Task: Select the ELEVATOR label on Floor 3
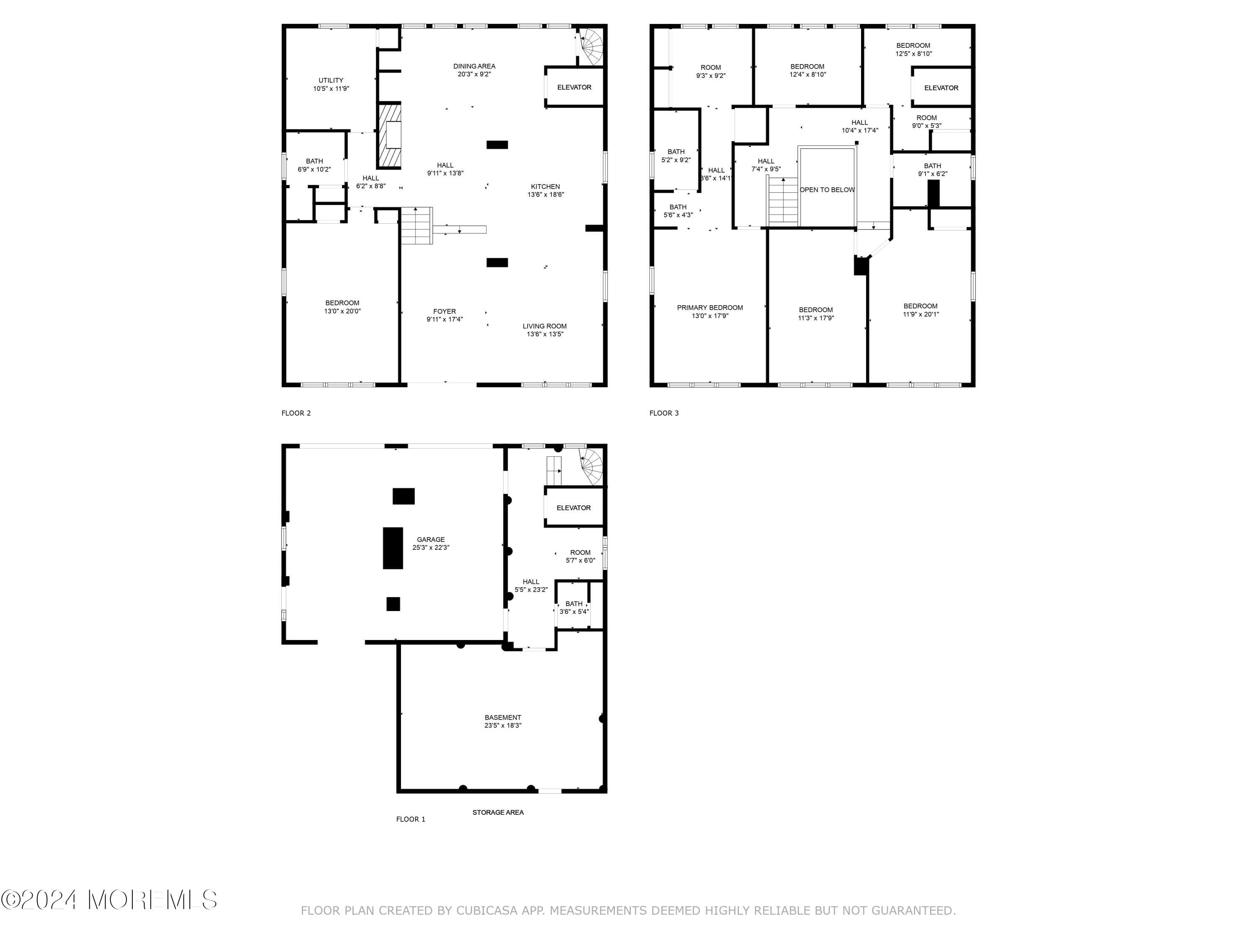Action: coord(941,88)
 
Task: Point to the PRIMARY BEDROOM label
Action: coord(710,308)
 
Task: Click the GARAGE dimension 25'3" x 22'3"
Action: coord(431,548)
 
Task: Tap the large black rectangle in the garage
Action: coord(393,548)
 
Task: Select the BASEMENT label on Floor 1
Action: coord(502,718)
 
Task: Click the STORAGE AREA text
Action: coord(498,812)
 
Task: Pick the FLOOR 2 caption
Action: coord(296,413)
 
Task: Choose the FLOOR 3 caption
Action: coord(664,413)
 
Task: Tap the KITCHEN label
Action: coord(545,187)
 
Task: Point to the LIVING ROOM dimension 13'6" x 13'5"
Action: coord(544,334)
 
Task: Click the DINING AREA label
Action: coord(474,66)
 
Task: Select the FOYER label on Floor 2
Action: coord(445,311)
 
